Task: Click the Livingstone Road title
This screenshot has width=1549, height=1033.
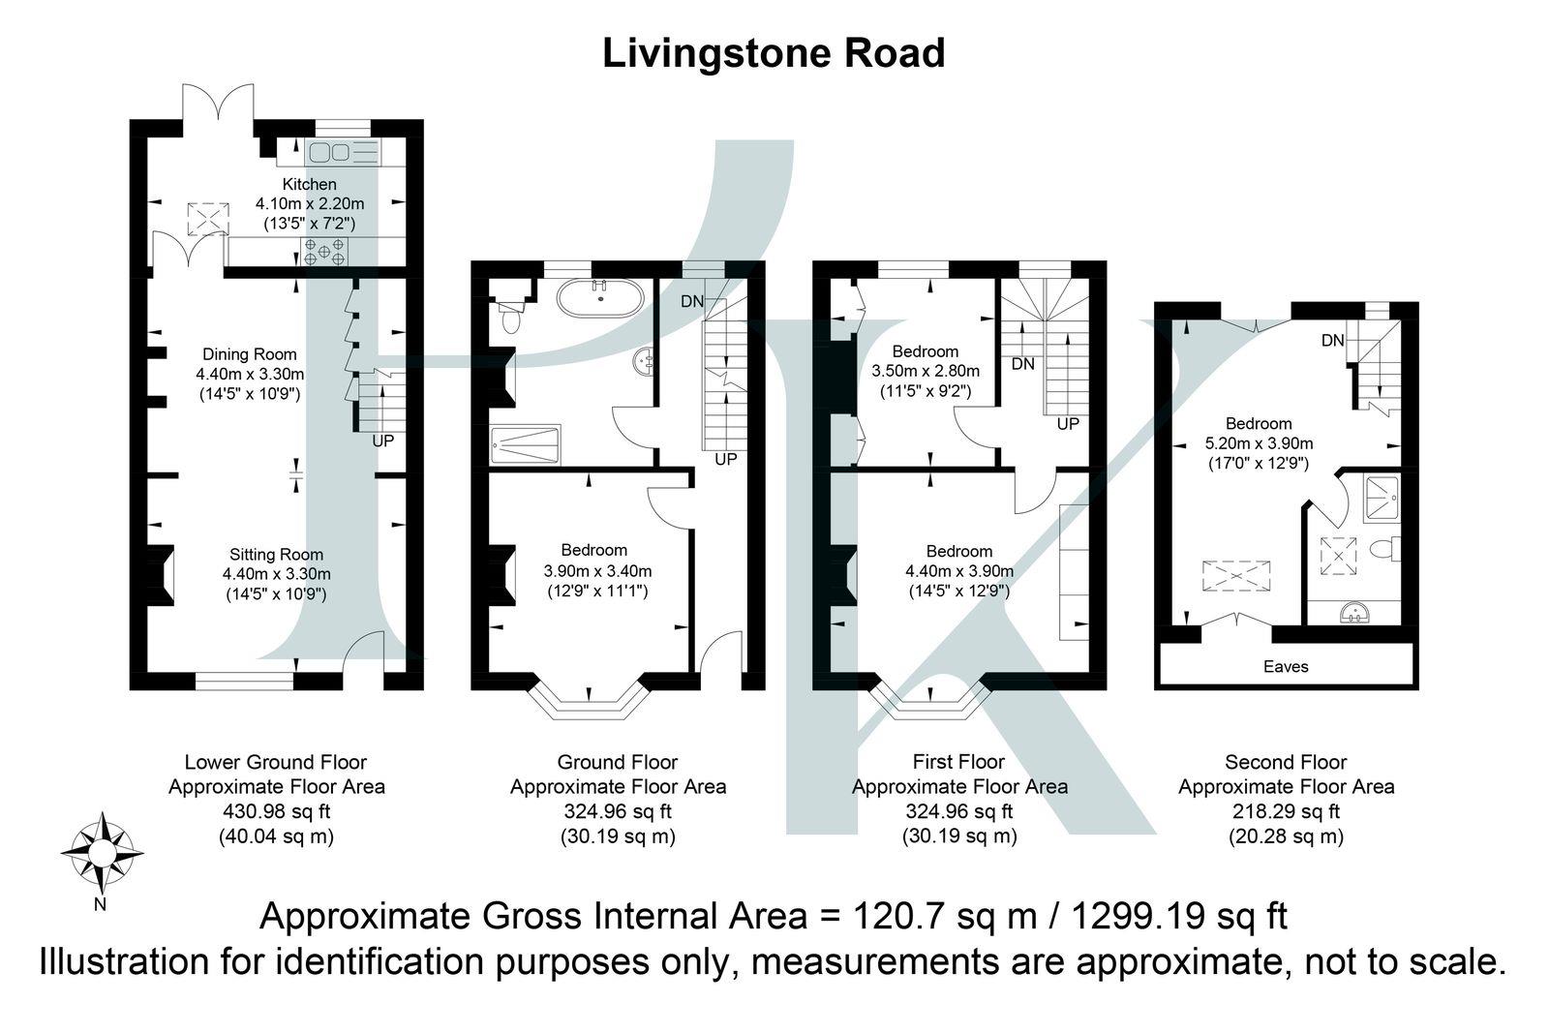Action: click(774, 54)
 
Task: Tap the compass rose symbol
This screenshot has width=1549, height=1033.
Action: click(103, 853)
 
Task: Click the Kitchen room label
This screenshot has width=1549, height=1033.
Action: click(309, 184)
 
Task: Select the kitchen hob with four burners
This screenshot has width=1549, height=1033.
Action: click(324, 251)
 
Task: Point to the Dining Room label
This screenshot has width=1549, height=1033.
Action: click(250, 354)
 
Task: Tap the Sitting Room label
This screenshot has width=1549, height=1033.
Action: click(277, 555)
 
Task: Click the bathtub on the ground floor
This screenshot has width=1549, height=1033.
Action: click(600, 298)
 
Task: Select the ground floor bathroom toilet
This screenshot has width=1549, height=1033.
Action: click(509, 316)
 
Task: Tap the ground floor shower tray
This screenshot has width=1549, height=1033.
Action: click(525, 444)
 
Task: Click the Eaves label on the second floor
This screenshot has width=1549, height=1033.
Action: click(1286, 666)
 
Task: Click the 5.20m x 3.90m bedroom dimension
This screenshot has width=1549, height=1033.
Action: click(1259, 443)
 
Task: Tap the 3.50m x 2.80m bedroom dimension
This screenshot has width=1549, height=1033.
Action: click(926, 371)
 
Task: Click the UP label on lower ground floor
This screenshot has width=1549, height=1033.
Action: click(383, 441)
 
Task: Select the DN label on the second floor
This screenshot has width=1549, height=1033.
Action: click(1332, 340)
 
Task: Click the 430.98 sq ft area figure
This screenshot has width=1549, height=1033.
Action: click(277, 811)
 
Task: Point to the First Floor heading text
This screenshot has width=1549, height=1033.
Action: click(958, 762)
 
